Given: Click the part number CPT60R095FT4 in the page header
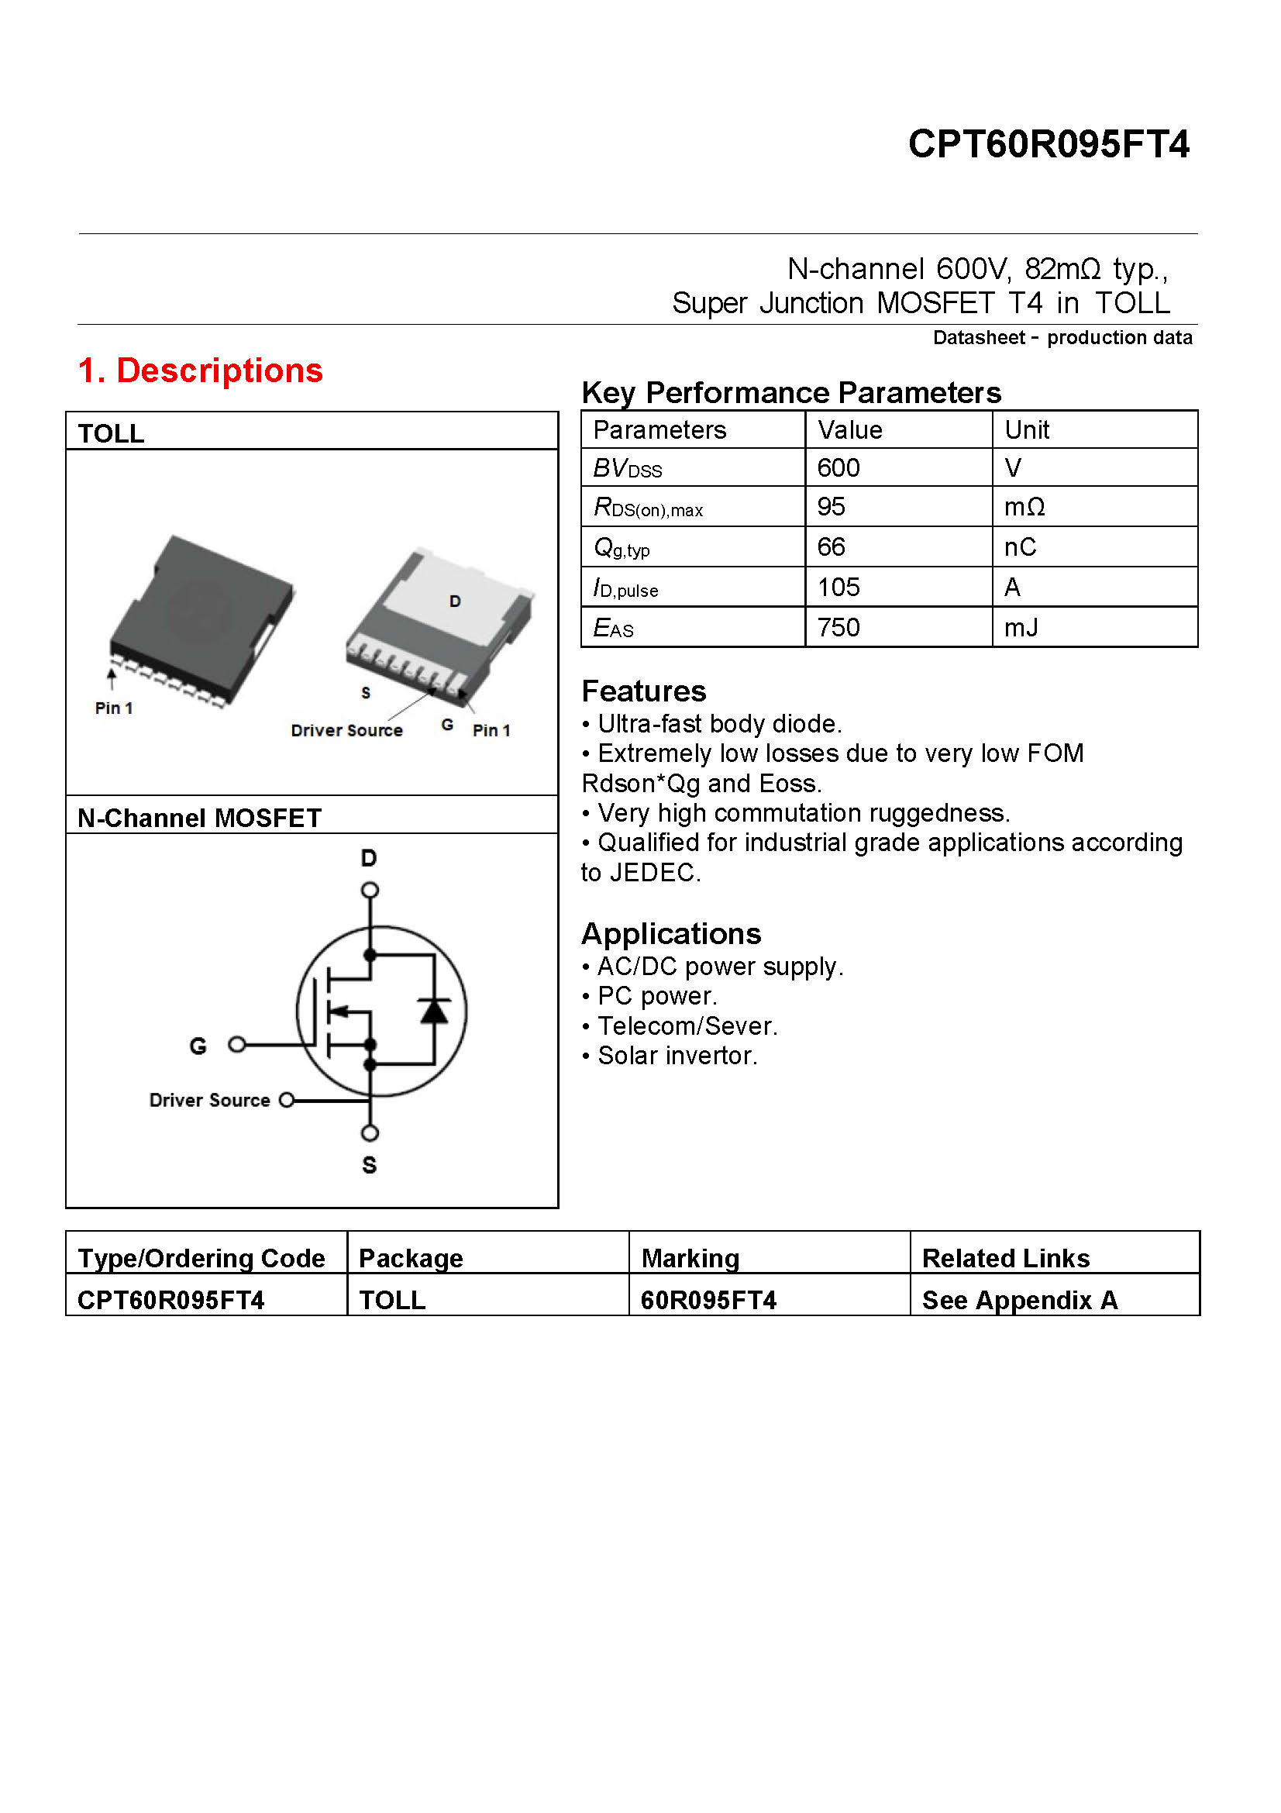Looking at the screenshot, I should pos(1048,144).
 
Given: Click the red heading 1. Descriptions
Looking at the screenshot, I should pos(201,371).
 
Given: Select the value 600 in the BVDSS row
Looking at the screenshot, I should pos(838,468).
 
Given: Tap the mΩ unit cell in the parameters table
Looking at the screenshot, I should pos(1024,507).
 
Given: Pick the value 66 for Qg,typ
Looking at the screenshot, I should pos(830,547).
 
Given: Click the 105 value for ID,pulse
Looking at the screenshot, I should pos(838,588).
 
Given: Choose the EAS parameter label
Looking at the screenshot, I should pos(613,629).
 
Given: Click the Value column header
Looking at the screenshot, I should pos(849,430).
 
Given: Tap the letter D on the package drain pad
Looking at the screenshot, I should pos(455,601).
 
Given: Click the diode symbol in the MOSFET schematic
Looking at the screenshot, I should pos(433,1012).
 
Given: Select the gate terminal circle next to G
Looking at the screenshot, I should pos(237,1045).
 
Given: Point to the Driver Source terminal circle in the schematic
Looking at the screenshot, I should pos(288,1100).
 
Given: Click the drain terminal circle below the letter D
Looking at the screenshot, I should pos(370,891).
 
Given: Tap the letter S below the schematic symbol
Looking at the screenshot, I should pos(370,1165).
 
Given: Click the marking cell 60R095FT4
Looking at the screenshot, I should pos(708,1301).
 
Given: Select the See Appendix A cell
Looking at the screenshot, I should pos(1019,1301).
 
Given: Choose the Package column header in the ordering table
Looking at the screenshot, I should pos(411,1259).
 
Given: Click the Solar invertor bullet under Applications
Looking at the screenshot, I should pos(677,1056).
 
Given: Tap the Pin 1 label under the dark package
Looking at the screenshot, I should pos(114,708).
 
